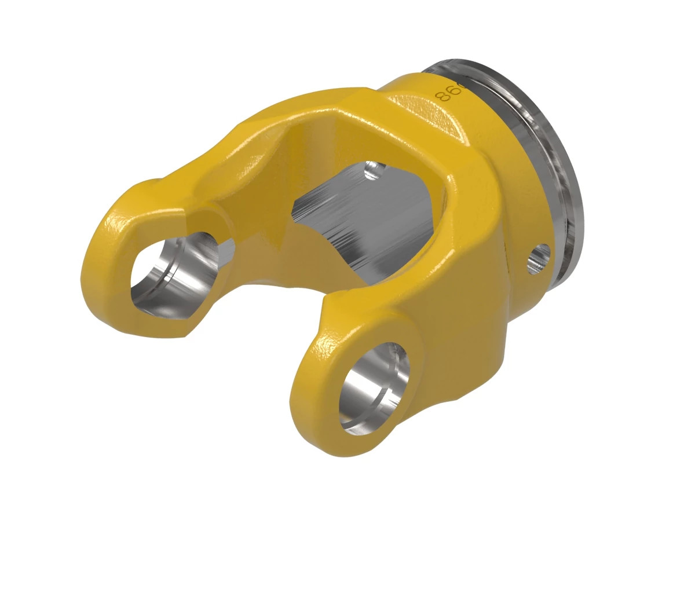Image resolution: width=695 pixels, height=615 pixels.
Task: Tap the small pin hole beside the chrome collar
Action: pos(539,258)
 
